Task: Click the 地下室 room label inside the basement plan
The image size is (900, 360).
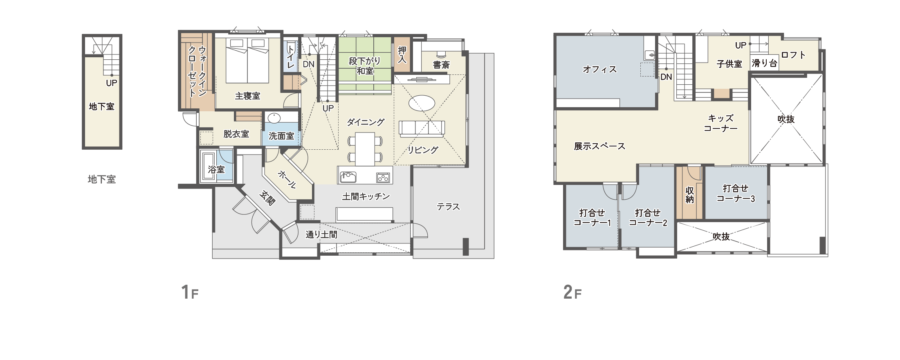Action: (101, 107)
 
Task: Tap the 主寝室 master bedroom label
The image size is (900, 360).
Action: (247, 96)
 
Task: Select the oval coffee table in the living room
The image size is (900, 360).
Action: (422, 103)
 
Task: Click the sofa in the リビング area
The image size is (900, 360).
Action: (422, 128)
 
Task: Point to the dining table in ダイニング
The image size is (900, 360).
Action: (365, 149)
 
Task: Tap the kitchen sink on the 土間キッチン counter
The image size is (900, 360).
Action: (348, 177)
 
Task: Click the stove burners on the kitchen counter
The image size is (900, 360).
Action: (383, 178)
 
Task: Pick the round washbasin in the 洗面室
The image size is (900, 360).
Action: (274, 118)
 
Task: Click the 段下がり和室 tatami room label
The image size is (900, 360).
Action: (365, 66)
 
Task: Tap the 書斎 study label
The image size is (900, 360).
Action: (441, 65)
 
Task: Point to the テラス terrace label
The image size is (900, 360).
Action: (448, 207)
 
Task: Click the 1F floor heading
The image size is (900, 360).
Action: (190, 292)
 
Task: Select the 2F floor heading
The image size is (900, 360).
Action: (572, 292)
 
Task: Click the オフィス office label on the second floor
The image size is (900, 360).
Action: (599, 70)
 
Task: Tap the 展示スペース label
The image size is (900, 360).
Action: (599, 146)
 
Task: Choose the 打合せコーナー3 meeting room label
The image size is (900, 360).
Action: (736, 193)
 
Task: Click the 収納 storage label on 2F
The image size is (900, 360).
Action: (689, 195)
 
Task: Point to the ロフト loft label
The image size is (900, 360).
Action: (793, 55)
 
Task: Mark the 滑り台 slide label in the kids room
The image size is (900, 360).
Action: (764, 63)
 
